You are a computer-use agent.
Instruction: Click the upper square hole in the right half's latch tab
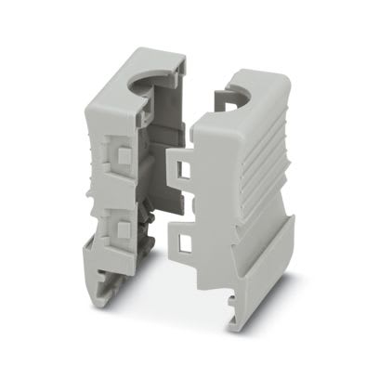pos(180,168)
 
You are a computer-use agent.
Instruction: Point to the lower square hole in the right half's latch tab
pos(182,242)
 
